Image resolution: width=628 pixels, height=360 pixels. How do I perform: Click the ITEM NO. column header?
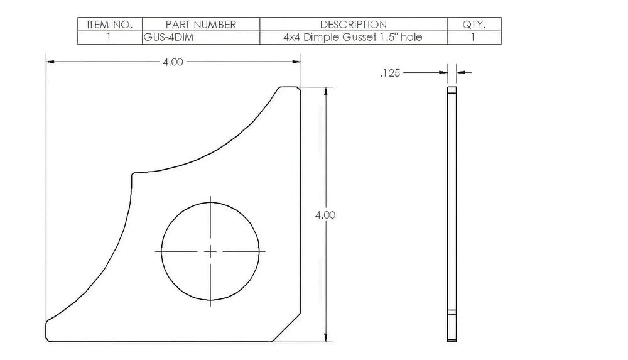110,25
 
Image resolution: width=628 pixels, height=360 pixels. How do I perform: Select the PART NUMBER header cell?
201,25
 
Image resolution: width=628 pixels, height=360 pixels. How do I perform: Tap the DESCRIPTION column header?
353,25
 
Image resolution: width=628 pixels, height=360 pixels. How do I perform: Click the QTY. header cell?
474,25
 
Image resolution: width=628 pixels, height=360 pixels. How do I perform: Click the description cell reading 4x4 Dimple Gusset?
353,37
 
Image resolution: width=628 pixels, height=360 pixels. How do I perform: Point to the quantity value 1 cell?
473,37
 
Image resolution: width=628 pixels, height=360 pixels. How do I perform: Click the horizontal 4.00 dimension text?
173,62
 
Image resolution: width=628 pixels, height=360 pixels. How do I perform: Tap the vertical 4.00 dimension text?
325,215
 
